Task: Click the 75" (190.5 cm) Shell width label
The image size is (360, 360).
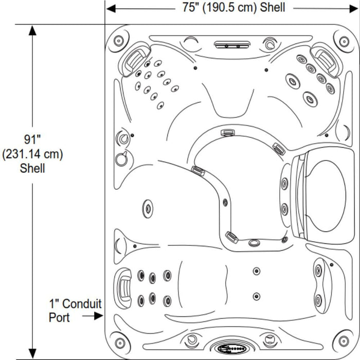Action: [x=233, y=8]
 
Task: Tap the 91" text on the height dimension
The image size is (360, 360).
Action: [x=32, y=139]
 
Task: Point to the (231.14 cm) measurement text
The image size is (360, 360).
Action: [x=32, y=154]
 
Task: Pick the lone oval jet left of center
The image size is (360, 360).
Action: [x=148, y=208]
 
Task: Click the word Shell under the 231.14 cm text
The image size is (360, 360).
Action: [x=32, y=168]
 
